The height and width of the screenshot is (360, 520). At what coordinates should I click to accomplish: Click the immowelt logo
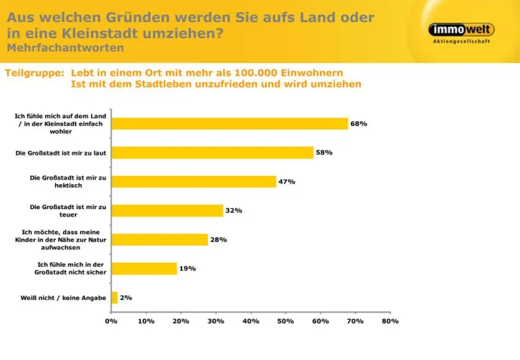[x=461, y=30]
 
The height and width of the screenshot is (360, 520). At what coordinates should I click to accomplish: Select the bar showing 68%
[x=230, y=124]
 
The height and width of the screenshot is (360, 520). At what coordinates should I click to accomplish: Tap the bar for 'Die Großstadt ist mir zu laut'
[x=212, y=152]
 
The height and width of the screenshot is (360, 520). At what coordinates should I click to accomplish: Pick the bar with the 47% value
[x=194, y=181]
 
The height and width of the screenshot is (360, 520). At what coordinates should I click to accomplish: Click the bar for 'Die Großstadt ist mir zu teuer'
[x=168, y=211]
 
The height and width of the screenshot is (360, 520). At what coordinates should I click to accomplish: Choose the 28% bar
[x=160, y=239]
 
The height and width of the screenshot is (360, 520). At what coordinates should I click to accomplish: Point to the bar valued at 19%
[x=144, y=268]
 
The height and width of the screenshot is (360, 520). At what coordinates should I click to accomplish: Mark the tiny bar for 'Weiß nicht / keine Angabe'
[x=114, y=297]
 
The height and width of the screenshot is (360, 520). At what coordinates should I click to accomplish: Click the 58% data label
[x=324, y=152]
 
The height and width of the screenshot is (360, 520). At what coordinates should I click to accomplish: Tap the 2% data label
[x=126, y=297]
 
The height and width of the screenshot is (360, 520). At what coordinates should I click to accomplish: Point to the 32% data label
[x=233, y=211]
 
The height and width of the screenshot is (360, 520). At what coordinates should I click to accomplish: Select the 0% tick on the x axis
[x=111, y=321]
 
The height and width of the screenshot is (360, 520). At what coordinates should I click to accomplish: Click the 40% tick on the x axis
[x=251, y=321]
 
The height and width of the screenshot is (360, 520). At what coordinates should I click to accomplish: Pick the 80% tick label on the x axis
[x=390, y=321]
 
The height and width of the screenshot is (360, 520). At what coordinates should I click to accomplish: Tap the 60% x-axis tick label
[x=321, y=321]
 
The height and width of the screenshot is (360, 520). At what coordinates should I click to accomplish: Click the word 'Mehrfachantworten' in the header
[x=65, y=47]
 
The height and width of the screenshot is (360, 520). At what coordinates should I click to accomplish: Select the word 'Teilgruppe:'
[x=34, y=73]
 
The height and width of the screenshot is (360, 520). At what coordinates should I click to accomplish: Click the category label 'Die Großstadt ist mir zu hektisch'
[x=67, y=181]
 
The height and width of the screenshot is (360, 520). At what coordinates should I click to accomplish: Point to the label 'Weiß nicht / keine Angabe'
[x=64, y=298]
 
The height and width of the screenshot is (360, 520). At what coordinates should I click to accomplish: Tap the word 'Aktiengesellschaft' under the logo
[x=461, y=42]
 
